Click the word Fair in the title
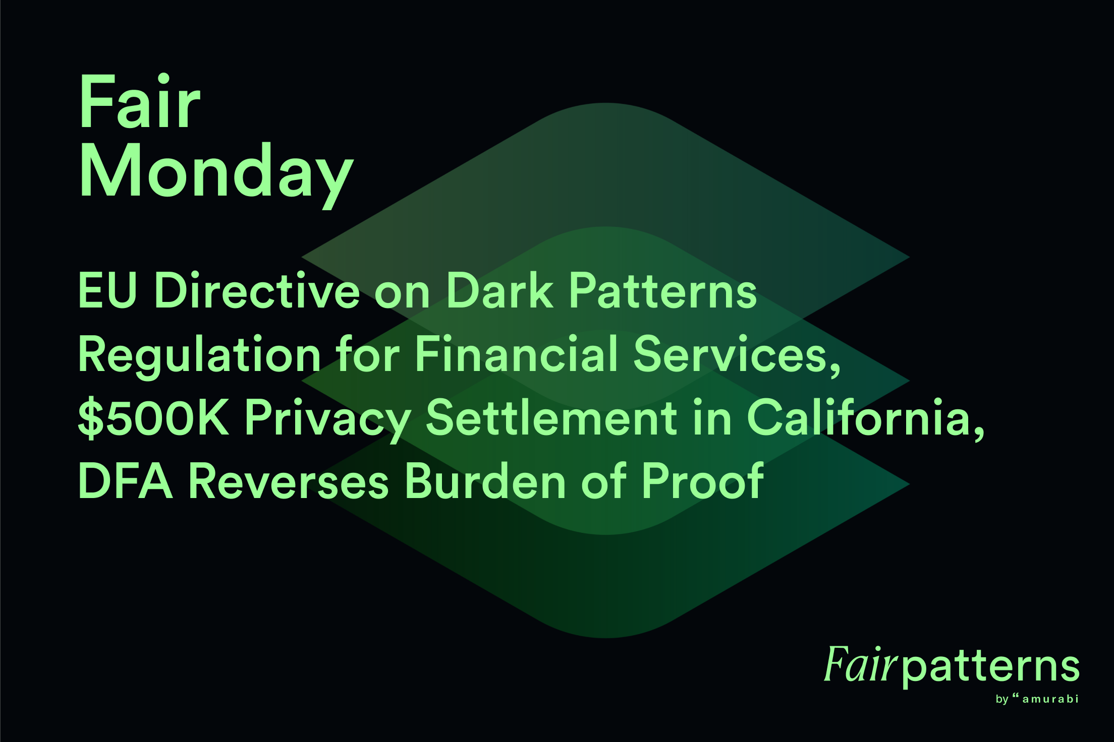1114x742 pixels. [140, 102]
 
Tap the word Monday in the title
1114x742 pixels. [216, 172]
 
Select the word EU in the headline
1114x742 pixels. [107, 291]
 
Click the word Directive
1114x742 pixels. [257, 291]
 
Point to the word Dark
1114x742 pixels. [499, 291]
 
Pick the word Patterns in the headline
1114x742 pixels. [663, 291]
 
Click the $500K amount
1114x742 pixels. [153, 418]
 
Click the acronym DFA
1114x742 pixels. [126, 481]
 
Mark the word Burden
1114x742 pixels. [486, 481]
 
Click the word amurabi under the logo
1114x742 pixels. [1050, 699]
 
